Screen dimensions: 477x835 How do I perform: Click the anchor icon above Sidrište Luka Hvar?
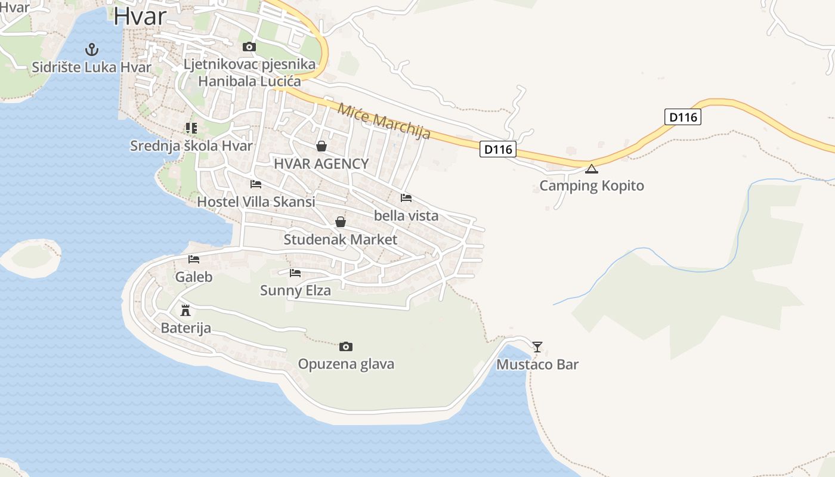pyautogui.click(x=91, y=49)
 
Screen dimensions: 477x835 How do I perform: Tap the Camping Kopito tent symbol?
pyautogui.click(x=591, y=169)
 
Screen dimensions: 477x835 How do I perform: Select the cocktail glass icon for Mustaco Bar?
pyautogui.click(x=537, y=346)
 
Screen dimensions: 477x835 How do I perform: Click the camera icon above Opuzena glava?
pyautogui.click(x=345, y=346)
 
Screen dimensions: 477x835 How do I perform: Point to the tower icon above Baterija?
pyautogui.click(x=185, y=310)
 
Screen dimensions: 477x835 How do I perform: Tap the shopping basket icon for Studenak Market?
pyautogui.click(x=340, y=222)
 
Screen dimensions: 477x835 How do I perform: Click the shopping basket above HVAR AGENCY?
pyautogui.click(x=321, y=146)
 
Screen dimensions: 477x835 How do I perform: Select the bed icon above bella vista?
pyautogui.click(x=406, y=198)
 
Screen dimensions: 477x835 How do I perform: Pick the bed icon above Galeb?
pyautogui.click(x=194, y=259)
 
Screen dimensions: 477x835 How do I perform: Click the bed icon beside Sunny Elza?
pyautogui.click(x=295, y=273)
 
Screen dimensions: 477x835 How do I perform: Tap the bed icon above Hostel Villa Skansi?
pyautogui.click(x=256, y=184)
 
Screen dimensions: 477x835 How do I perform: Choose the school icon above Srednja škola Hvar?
pyautogui.click(x=191, y=128)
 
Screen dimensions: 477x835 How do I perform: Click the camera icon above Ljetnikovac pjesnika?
pyautogui.click(x=249, y=47)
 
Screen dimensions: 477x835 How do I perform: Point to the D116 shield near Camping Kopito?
pyautogui.click(x=683, y=117)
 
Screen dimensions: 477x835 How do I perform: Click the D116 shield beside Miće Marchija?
pyautogui.click(x=497, y=149)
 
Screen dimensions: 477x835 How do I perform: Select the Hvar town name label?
pyautogui.click(x=140, y=16)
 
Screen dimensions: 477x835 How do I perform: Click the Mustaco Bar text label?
pyautogui.click(x=537, y=364)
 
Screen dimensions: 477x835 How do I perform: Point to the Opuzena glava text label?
pyautogui.click(x=346, y=364)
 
